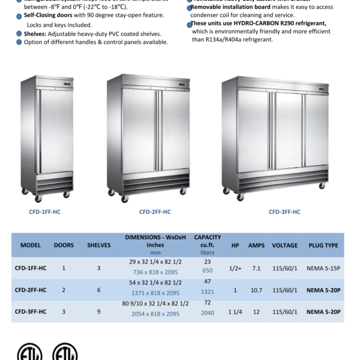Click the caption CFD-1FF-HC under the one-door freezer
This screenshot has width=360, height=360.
[x=47, y=212]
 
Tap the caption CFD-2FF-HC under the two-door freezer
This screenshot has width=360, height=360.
[x=155, y=212]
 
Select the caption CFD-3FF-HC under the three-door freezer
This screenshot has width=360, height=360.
[x=284, y=212]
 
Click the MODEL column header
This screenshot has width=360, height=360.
[x=31, y=245]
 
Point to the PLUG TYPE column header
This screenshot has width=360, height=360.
[x=323, y=245]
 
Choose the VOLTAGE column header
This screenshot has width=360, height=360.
[x=284, y=245]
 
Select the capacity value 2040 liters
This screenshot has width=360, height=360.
[x=207, y=313]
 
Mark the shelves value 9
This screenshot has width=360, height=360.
[x=99, y=312]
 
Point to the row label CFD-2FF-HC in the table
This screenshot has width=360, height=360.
[x=31, y=290]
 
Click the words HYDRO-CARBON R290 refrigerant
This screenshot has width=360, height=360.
[x=283, y=23]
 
